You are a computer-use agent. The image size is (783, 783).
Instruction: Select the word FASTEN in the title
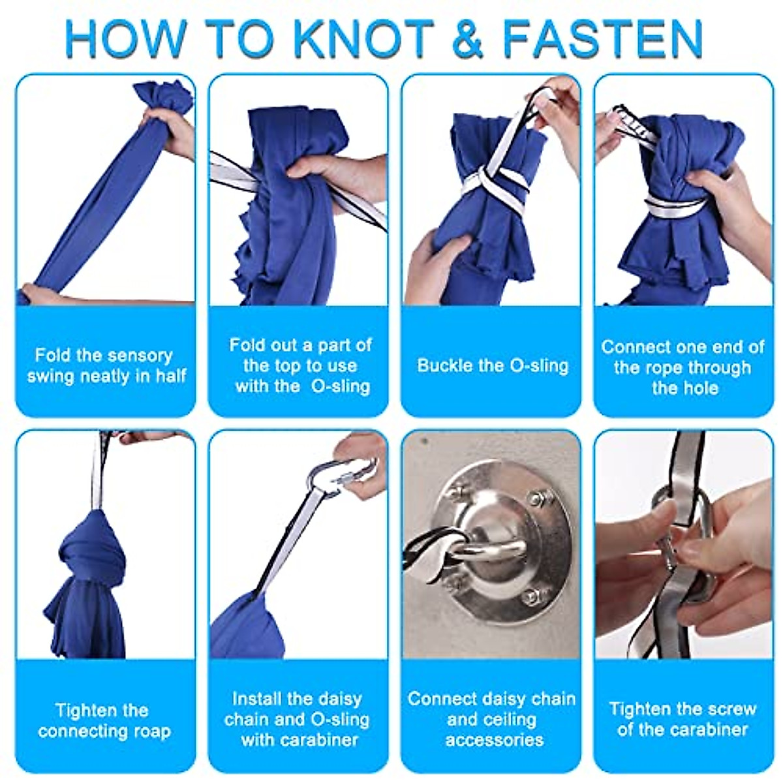click(603, 38)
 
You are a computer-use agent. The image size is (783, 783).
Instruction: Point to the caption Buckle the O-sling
click(493, 365)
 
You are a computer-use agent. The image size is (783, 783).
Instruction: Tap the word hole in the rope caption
click(685, 388)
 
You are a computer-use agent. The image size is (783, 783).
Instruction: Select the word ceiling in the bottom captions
click(492, 719)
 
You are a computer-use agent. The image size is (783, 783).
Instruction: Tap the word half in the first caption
click(170, 375)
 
